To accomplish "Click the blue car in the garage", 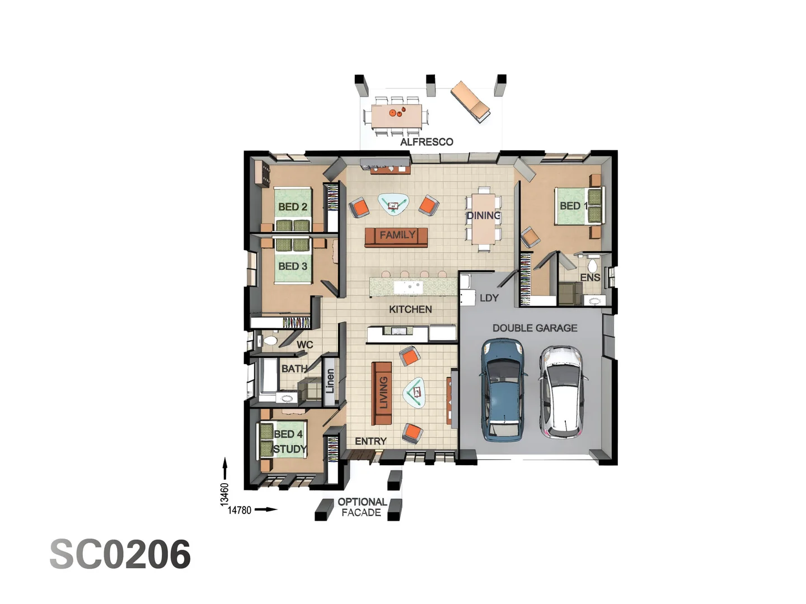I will (x=503, y=390).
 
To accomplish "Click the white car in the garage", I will (x=562, y=391).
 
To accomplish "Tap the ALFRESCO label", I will (x=427, y=142).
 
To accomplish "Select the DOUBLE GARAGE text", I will (x=535, y=328).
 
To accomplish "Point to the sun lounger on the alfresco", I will (x=470, y=101).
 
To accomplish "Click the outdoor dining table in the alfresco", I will (x=397, y=116).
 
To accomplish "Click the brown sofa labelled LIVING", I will (x=382, y=393).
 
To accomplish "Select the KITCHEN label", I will (x=410, y=309).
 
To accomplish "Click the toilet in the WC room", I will (x=269, y=340).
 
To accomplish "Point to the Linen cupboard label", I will (x=330, y=380).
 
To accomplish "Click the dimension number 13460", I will (x=224, y=494).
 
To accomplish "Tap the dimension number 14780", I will (x=240, y=510).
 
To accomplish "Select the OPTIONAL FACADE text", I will (x=362, y=507).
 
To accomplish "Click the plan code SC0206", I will (x=120, y=555).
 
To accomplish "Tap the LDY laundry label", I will (x=489, y=298).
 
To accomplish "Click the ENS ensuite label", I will (x=590, y=277).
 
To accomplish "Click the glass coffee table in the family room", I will (x=393, y=204).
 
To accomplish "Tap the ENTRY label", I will (x=371, y=441).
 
